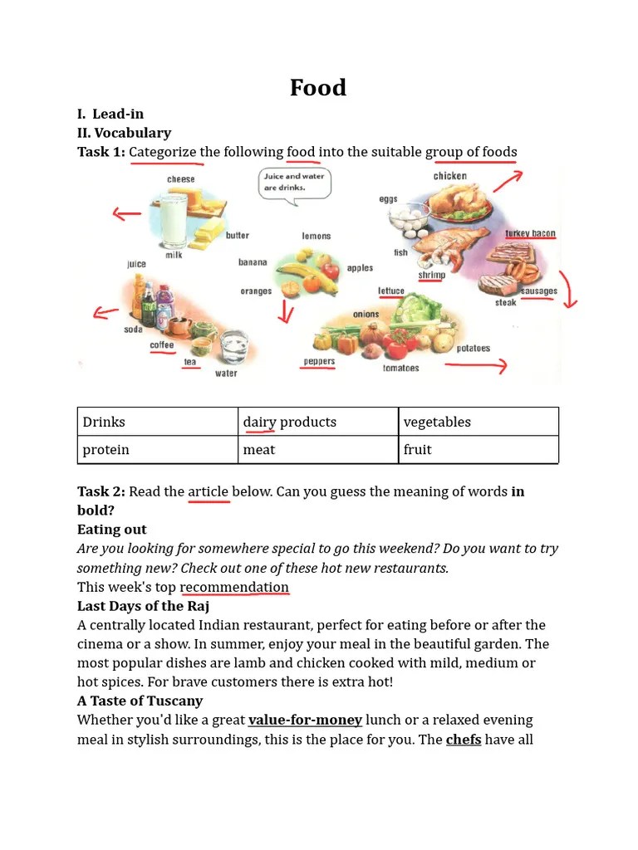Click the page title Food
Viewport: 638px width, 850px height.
click(318, 88)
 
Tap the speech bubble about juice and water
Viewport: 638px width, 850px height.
click(294, 182)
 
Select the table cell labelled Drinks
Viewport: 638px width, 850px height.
click(158, 422)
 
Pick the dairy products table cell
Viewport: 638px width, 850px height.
click(318, 422)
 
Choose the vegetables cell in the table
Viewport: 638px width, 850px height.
click(478, 422)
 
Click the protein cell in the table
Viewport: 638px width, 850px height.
click(158, 450)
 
